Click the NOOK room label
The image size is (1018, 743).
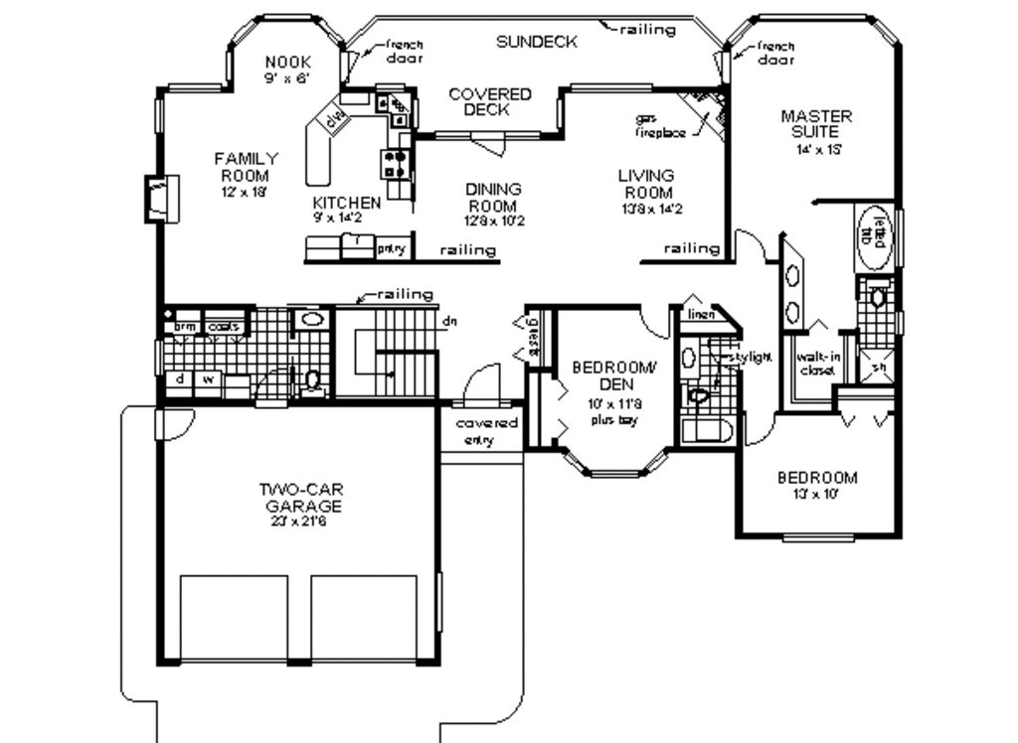pyautogui.click(x=287, y=62)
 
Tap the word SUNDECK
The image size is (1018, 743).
pyautogui.click(x=537, y=42)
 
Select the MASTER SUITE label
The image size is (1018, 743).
pyautogui.click(x=815, y=123)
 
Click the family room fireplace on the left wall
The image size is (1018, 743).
pyautogui.click(x=160, y=197)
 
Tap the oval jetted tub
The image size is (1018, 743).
pyautogui.click(x=876, y=237)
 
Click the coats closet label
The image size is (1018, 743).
pyautogui.click(x=223, y=325)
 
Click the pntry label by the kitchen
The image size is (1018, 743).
pyautogui.click(x=390, y=249)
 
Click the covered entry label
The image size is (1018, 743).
pyautogui.click(x=486, y=431)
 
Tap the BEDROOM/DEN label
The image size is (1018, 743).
pyautogui.click(x=614, y=375)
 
